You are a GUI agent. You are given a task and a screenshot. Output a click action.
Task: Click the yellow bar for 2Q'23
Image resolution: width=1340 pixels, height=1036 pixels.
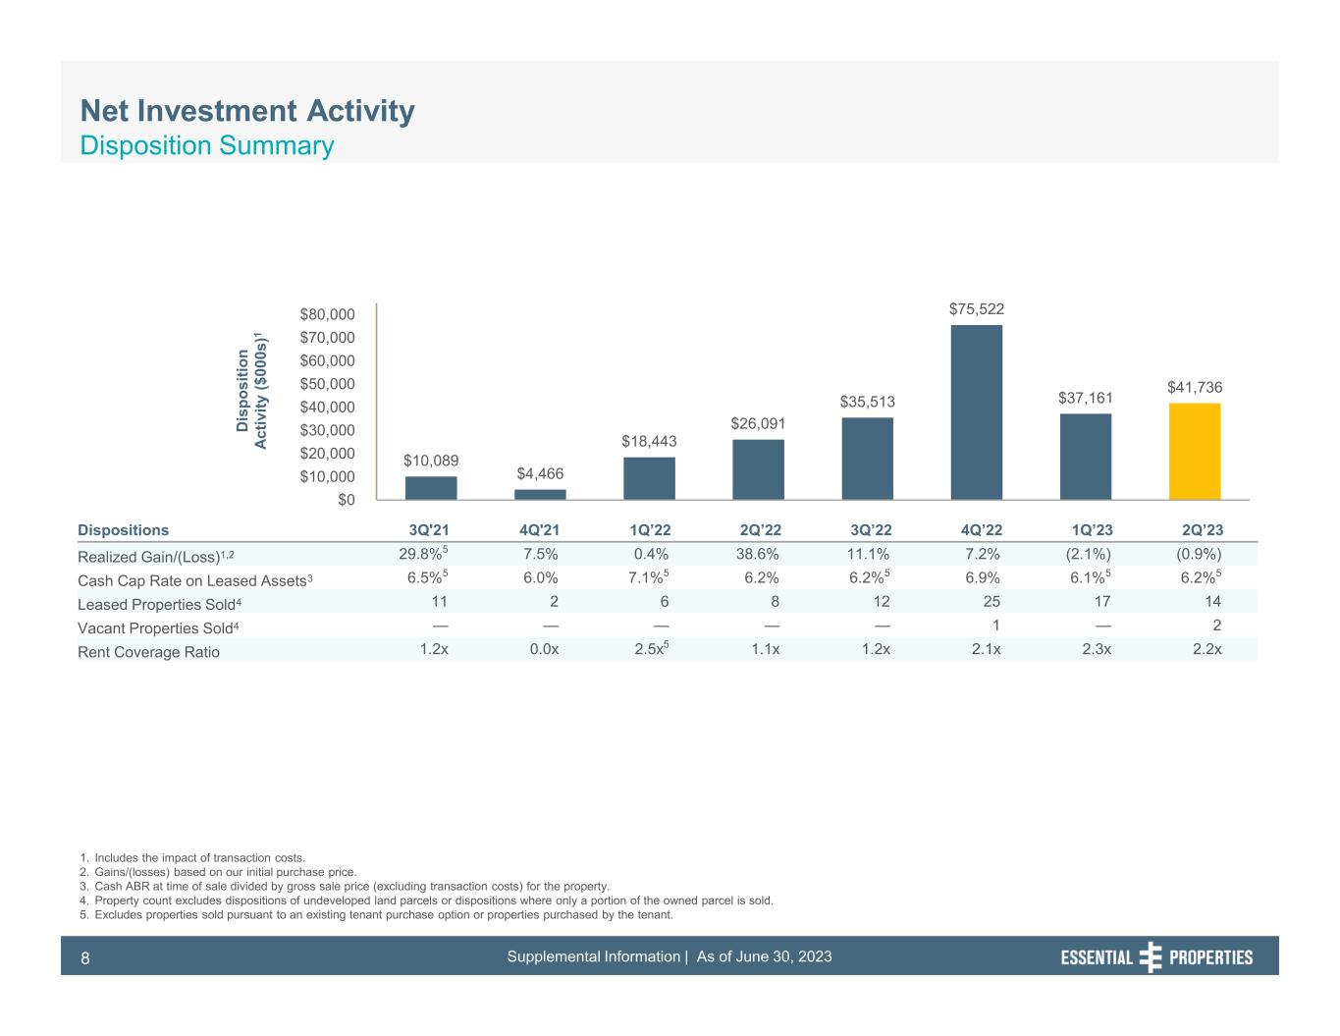tap(1194, 452)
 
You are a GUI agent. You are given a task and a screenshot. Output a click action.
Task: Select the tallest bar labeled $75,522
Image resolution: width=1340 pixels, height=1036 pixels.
tap(976, 412)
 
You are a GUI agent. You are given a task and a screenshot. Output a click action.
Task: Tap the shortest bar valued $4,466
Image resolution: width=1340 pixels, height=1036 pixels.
tap(540, 494)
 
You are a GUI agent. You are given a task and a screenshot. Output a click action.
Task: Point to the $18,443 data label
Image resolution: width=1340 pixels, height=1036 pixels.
tap(649, 442)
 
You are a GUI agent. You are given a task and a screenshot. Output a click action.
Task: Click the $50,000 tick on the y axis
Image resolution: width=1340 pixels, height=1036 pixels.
tap(329, 384)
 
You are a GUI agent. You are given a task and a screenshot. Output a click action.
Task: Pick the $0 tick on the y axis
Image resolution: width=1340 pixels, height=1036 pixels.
tap(343, 500)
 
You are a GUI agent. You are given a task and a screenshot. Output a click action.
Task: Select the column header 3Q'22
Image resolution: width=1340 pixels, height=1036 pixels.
tap(868, 530)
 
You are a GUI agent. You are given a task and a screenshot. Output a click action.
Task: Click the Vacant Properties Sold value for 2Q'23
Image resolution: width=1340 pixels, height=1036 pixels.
tap(1216, 626)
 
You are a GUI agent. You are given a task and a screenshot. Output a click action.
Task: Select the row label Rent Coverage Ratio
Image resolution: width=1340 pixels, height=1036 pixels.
tap(148, 652)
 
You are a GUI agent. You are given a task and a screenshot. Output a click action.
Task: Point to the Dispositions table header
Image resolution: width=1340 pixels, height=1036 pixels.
tap(123, 530)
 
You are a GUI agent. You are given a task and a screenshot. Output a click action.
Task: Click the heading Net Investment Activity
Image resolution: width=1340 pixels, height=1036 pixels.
tap(246, 111)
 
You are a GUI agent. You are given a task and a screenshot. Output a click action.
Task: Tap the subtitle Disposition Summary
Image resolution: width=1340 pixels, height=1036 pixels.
tap(206, 146)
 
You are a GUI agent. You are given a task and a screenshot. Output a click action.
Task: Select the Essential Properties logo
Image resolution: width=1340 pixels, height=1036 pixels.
tap(1156, 957)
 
